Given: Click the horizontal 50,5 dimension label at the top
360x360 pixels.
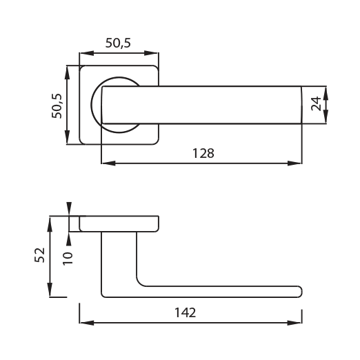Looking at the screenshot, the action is pyautogui.click(x=118, y=43).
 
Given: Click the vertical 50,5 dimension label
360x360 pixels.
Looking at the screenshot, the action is pyautogui.click(x=57, y=106).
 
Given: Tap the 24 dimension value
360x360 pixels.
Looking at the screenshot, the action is pyautogui.click(x=316, y=103).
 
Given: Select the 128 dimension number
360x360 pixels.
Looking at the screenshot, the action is pyautogui.click(x=203, y=153).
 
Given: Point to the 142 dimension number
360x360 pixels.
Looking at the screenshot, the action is pyautogui.click(x=186, y=312).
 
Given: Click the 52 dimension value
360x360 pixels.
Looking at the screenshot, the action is pyautogui.click(x=39, y=255).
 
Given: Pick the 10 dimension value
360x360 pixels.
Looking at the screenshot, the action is pyautogui.click(x=68, y=259).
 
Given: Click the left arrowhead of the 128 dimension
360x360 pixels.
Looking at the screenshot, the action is pyautogui.click(x=108, y=163).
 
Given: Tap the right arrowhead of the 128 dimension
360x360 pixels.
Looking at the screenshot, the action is pyautogui.click(x=295, y=163).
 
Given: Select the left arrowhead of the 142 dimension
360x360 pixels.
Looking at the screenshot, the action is pyautogui.click(x=87, y=323).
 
